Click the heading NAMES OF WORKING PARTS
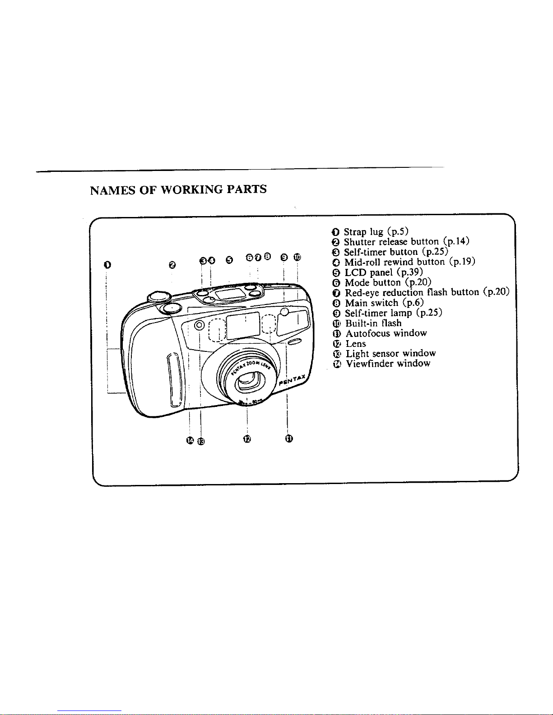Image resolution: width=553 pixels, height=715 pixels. tap(178, 189)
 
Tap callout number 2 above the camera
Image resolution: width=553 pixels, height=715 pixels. tap(172, 265)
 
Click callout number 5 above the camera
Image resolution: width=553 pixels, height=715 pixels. tap(229, 259)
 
